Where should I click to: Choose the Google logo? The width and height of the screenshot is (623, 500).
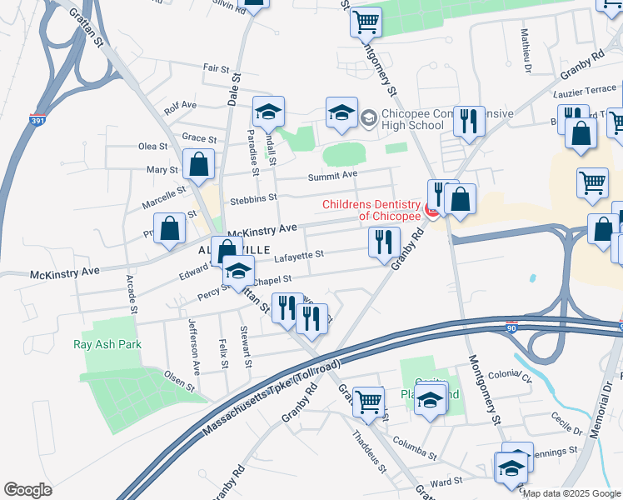[x=28, y=490]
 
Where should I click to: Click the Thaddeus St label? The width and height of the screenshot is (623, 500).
[x=369, y=451]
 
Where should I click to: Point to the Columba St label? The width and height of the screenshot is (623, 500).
[x=415, y=450]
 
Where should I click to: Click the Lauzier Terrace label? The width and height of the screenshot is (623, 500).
[x=586, y=88]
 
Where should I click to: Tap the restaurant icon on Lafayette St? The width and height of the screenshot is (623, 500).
[x=384, y=242]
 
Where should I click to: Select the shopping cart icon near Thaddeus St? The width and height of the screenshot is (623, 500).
[x=367, y=402]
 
